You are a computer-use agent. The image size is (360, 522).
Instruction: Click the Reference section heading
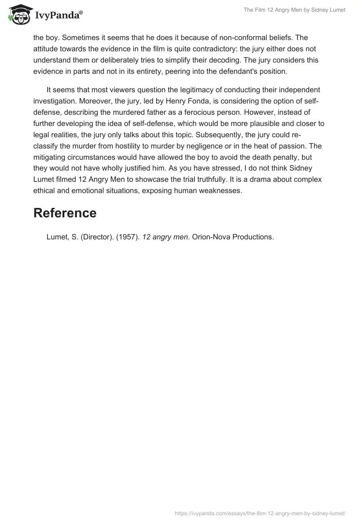[x=65, y=213]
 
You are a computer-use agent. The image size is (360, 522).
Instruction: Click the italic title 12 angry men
[x=165, y=237]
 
